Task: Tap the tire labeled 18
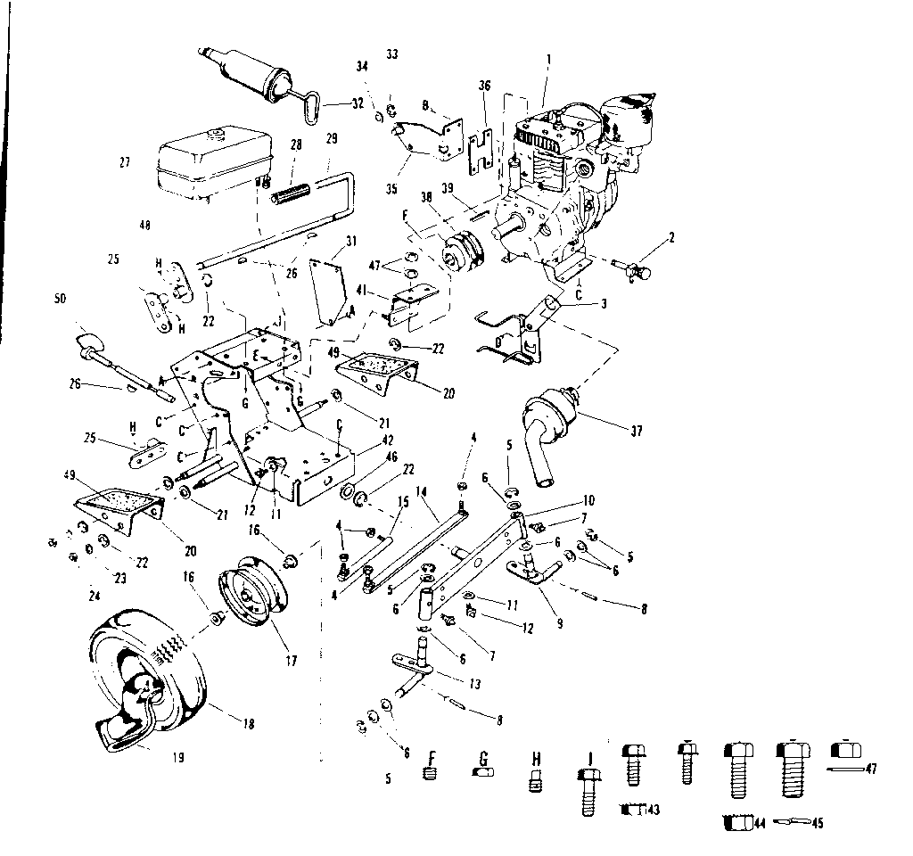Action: pyautogui.click(x=152, y=679)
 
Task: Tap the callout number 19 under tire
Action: pyautogui.click(x=177, y=758)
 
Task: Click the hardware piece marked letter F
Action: pyautogui.click(x=432, y=772)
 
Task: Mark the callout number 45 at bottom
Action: pyautogui.click(x=817, y=823)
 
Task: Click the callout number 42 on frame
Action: pyautogui.click(x=386, y=439)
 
